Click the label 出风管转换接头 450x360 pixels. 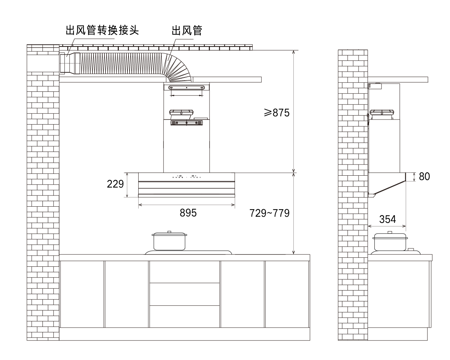102,30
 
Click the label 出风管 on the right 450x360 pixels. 187,30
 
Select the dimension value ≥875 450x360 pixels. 276,113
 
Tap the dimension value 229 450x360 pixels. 115,184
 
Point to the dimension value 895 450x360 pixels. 188,213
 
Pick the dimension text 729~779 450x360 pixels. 270,213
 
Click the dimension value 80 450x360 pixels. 424,176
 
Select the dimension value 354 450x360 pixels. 387,219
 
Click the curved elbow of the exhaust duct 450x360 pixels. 179,68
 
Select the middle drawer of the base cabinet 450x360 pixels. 184,294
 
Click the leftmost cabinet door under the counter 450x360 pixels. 82,294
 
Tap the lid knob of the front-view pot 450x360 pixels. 169,232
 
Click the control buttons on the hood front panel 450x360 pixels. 186,177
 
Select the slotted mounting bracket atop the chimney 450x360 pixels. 186,87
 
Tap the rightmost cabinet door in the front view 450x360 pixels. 287,294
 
